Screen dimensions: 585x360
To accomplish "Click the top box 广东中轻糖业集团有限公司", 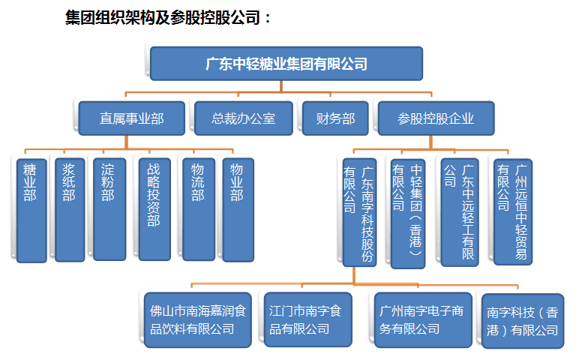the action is pyautogui.click(x=286, y=64).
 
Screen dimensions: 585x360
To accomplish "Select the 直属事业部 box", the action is pyautogui.click(x=132, y=118).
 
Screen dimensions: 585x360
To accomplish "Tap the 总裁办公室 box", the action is pyautogui.click(x=243, y=118).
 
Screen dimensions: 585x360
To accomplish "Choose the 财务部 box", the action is pyautogui.click(x=335, y=118).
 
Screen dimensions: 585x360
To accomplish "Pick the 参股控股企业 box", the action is pyautogui.click(x=436, y=118).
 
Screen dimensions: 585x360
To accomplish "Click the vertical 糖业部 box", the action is pyautogui.click(x=31, y=211).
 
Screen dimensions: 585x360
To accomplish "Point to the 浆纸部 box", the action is pyautogui.click(x=70, y=210).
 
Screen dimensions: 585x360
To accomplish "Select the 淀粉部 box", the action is pyautogui.click(x=109, y=209).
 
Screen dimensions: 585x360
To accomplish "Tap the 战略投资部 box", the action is pyautogui.click(x=154, y=209).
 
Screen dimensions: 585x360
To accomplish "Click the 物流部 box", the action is pyautogui.click(x=199, y=209).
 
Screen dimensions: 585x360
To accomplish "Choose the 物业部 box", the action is pyautogui.click(x=238, y=210).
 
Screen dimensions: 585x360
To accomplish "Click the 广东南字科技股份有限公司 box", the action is pyautogui.click(x=359, y=213).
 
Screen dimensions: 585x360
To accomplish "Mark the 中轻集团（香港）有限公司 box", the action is pyautogui.click(x=408, y=214).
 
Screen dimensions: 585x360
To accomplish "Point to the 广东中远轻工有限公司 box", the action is pyautogui.click(x=460, y=213).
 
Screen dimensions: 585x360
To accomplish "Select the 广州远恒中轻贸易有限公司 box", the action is pyautogui.click(x=512, y=212).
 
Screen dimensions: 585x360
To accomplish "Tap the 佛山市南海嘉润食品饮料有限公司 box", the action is pyautogui.click(x=198, y=320).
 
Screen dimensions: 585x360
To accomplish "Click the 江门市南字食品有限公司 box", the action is pyautogui.click(x=307, y=319).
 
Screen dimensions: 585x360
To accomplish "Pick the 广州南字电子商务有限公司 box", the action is pyautogui.click(x=423, y=320).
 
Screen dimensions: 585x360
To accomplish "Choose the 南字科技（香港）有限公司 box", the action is pyautogui.click(x=523, y=321).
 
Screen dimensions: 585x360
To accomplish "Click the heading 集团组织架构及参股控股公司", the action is pyautogui.click(x=163, y=17).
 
